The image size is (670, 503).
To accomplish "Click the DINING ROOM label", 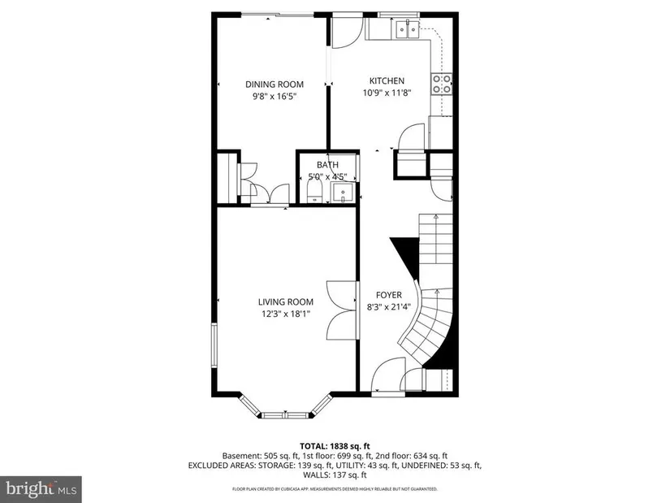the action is (274, 85).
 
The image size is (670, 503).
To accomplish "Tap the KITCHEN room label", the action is (387, 80).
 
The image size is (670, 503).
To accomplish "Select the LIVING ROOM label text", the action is (285, 302).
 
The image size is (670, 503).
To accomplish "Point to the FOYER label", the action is (389, 295).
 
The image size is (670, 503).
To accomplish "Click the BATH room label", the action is (328, 165).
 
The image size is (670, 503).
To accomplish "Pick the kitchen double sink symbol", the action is (408, 29).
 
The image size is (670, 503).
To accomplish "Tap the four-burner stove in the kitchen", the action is (442, 84).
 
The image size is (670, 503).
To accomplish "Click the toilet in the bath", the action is (314, 192).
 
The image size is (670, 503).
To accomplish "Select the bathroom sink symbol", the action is (343, 193).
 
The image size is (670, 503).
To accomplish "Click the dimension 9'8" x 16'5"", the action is (274, 96).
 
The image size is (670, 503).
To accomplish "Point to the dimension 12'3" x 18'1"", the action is (285, 314).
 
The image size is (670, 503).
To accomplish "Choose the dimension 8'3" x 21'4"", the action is (389, 306).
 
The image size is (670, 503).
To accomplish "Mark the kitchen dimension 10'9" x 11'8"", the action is (387, 93).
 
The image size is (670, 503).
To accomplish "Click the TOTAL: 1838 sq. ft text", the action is (335, 447).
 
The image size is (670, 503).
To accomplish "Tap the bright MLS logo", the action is (41, 488).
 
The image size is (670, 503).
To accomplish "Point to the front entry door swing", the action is (388, 375).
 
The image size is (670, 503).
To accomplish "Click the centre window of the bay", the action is (284, 415).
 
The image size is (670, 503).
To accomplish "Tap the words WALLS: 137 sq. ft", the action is (335, 475).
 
